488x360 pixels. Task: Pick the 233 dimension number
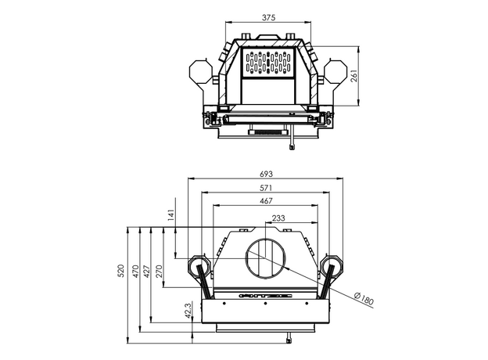278,218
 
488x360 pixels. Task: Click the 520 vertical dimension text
121,272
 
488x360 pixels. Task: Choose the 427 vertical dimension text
148,272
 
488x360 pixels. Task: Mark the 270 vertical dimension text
160,272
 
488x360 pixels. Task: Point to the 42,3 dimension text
188,311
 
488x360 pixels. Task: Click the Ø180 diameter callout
364,298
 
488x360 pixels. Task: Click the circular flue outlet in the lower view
267,258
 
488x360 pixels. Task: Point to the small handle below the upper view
291,144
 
